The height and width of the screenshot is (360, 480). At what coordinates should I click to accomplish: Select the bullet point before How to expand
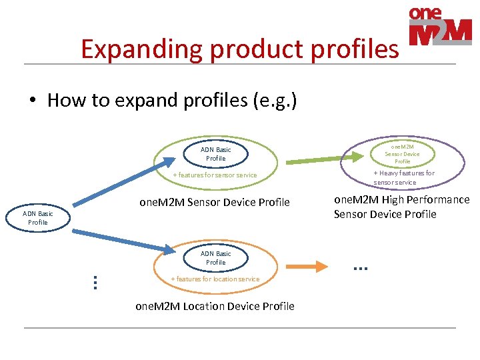(33, 101)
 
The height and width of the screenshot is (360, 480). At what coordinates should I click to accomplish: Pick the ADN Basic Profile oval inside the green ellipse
(215, 154)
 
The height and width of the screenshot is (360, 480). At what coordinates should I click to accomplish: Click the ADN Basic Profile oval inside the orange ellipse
(215, 258)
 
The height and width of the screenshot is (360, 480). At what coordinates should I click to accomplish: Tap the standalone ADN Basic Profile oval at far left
(38, 218)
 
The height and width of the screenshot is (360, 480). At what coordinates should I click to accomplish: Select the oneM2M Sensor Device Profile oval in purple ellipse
(402, 153)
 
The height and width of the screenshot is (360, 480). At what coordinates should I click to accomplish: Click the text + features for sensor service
(215, 175)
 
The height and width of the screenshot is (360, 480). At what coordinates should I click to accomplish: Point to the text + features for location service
(215, 279)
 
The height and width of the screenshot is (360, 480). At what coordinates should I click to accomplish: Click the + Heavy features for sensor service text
(403, 177)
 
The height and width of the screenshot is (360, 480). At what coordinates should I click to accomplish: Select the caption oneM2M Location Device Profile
(215, 306)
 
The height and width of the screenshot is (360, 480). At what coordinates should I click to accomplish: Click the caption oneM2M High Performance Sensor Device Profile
(401, 207)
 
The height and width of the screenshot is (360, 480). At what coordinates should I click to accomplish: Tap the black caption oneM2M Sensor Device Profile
(215, 202)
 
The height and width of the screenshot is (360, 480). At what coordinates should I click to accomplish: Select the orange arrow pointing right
(311, 267)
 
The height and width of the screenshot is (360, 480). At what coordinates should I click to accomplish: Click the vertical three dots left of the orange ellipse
(95, 282)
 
